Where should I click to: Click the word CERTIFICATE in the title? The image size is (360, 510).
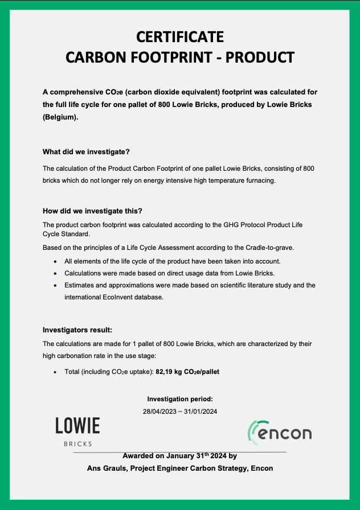[180, 37]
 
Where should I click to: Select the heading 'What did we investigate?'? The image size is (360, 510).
[86, 152]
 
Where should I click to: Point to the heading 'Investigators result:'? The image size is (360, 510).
[77, 330]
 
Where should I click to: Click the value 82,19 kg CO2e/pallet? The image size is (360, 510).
[187, 372]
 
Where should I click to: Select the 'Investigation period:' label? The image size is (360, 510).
[180, 399]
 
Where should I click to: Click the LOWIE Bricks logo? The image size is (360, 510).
[77, 431]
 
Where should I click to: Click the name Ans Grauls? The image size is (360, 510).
[104, 468]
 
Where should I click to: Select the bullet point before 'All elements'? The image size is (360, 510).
[55, 261]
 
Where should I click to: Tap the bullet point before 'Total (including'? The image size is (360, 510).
[55, 372]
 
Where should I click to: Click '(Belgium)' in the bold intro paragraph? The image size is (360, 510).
[60, 117]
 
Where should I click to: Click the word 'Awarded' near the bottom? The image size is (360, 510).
[138, 456]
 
